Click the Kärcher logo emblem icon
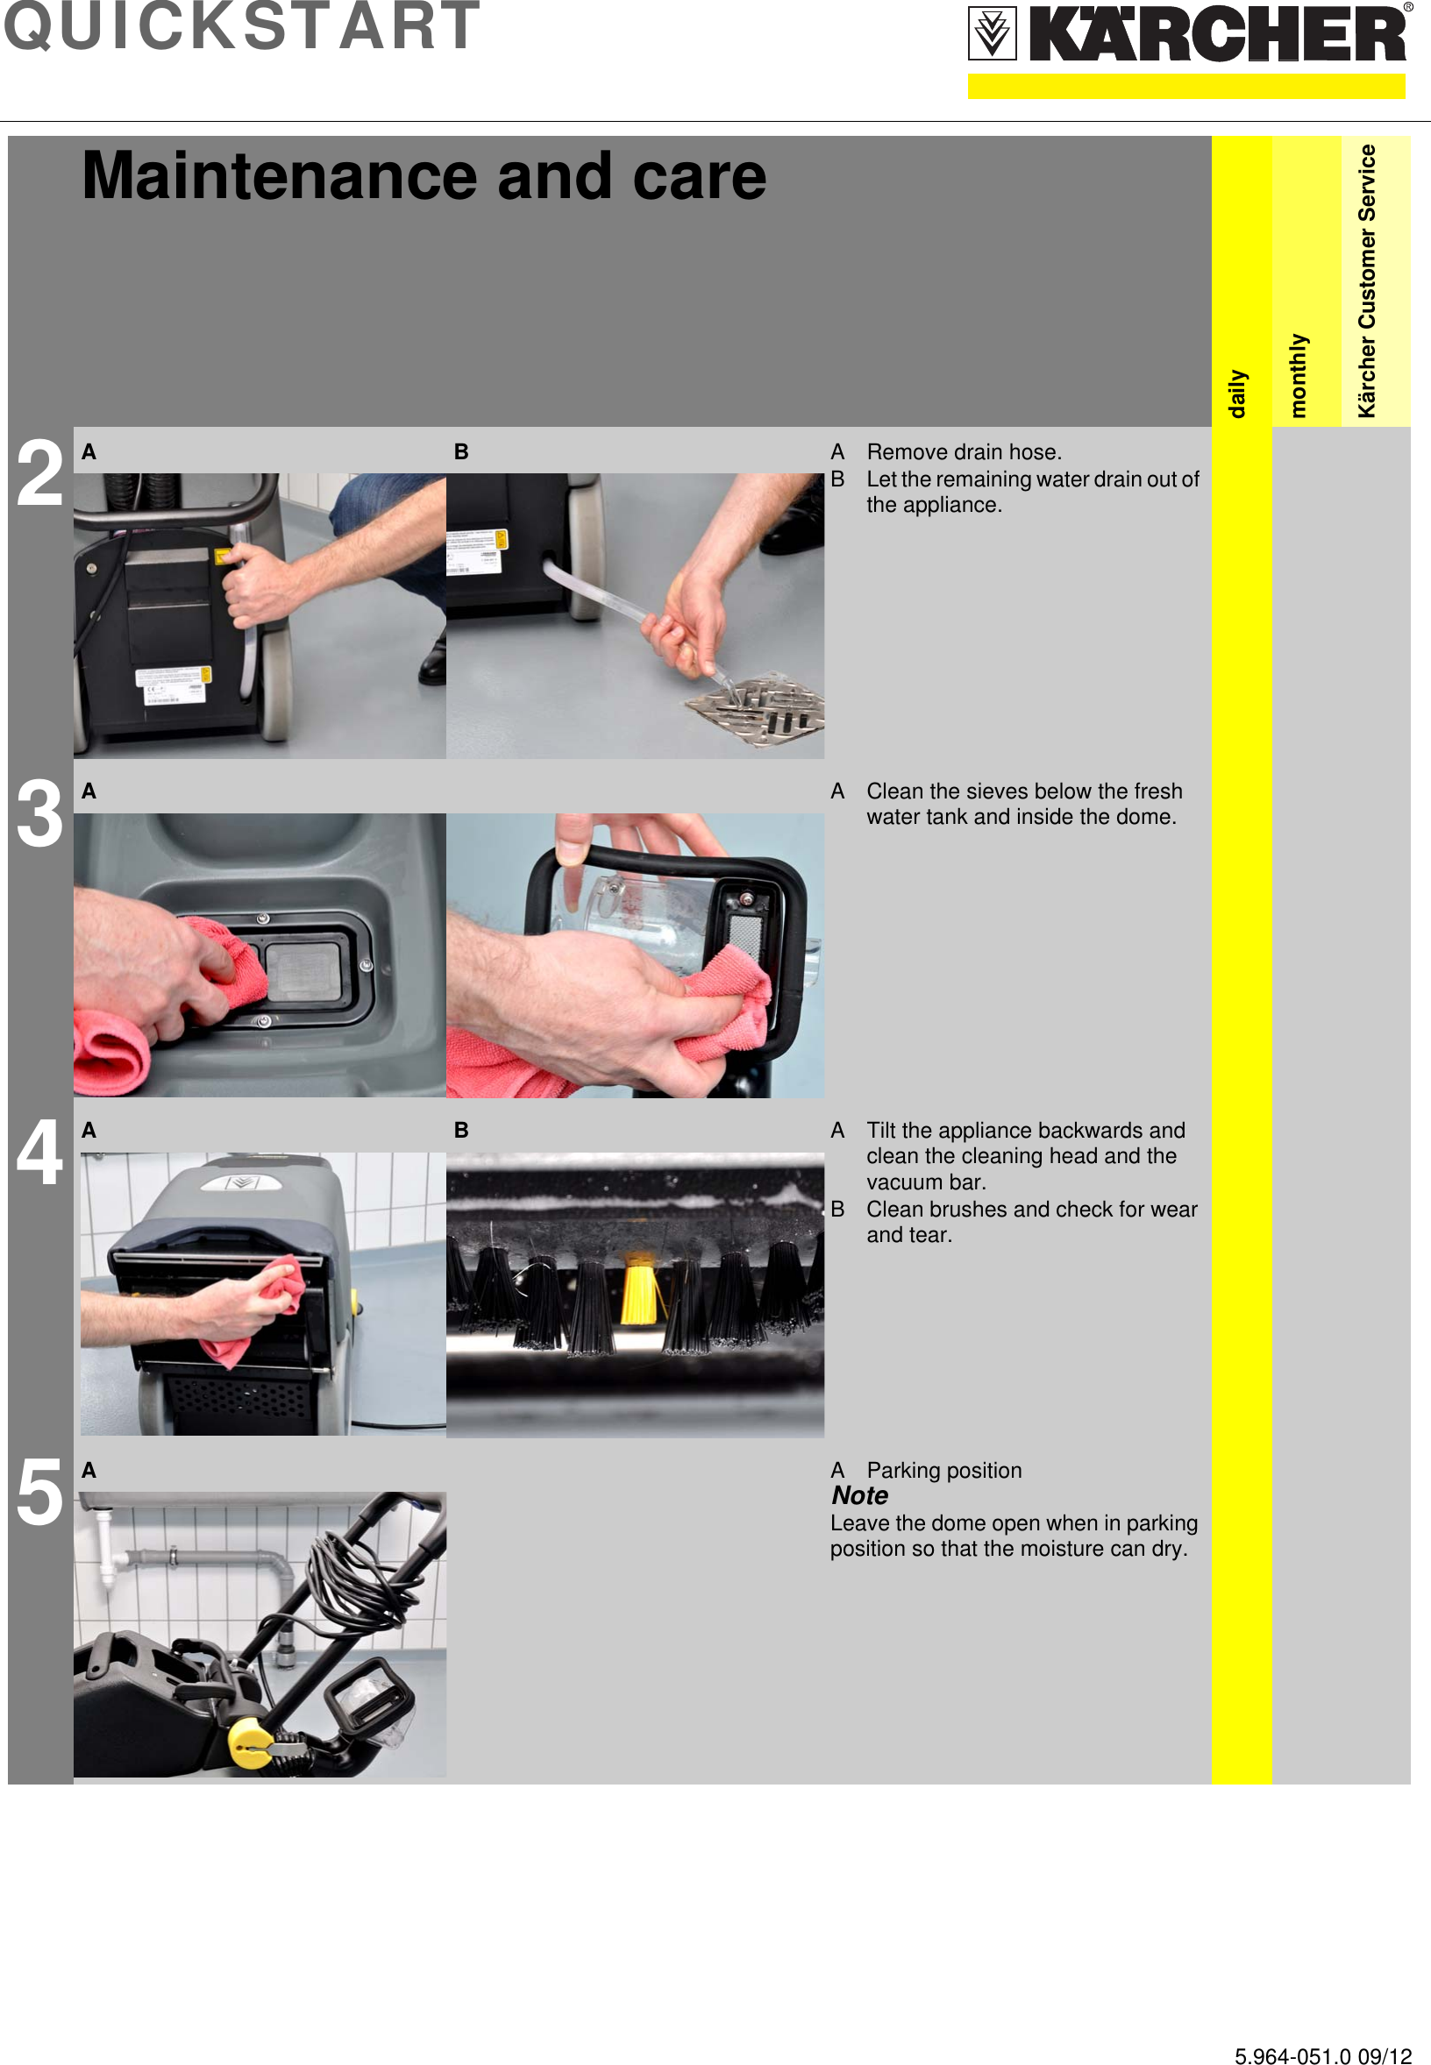pyautogui.click(x=992, y=34)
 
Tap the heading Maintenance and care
pyautogui.click(x=424, y=175)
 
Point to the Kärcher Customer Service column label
pyautogui.click(x=1366, y=280)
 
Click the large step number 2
pyautogui.click(x=39, y=473)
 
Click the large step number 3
pyautogui.click(x=39, y=813)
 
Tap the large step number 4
pyautogui.click(x=39, y=1153)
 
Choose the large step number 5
pyautogui.click(x=39, y=1494)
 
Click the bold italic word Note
pyautogui.click(x=859, y=1495)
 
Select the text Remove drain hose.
pyautogui.click(x=963, y=451)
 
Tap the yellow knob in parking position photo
pyautogui.click(x=247, y=1742)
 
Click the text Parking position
pyautogui.click(x=943, y=1470)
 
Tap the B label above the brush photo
pyautogui.click(x=461, y=1130)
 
